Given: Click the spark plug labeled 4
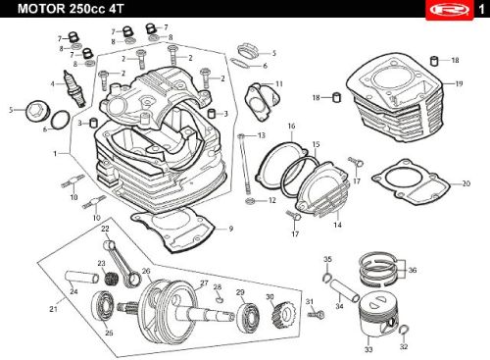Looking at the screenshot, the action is click(74, 89).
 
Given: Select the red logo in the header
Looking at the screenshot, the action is click(450, 10).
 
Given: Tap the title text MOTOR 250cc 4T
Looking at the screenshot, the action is click(71, 9).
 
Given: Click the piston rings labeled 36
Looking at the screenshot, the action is click(378, 269).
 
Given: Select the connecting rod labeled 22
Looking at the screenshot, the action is click(122, 264).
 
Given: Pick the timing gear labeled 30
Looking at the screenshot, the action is click(283, 316).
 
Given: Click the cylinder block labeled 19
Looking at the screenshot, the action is click(396, 98).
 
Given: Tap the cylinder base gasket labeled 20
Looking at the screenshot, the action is click(411, 181).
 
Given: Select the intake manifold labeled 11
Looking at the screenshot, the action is click(263, 102).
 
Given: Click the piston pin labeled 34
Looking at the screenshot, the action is click(344, 290).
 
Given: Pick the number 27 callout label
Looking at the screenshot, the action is click(204, 283).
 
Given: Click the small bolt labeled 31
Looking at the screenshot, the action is click(316, 315).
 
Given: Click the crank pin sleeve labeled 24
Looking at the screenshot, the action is click(81, 278).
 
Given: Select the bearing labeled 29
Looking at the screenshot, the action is click(248, 318).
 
